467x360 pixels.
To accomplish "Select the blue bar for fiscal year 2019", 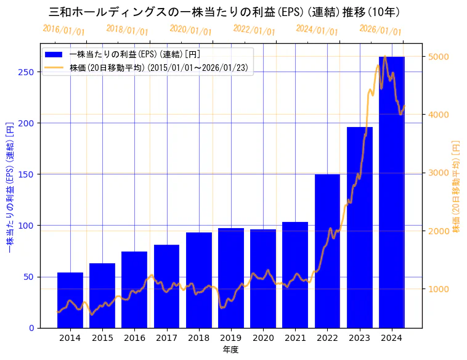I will tap(231, 278).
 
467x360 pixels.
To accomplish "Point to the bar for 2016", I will tap(134, 290).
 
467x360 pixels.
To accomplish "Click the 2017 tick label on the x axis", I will tap(166, 338).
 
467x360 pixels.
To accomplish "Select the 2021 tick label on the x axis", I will tap(295, 338).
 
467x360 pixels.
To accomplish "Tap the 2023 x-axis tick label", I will tap(360, 338).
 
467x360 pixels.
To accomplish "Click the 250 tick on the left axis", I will tap(26, 72).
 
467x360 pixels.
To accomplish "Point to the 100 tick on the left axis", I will tap(26, 226).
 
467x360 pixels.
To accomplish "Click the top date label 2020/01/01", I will tap(190, 30).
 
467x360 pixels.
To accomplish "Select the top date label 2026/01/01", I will tap(380, 30).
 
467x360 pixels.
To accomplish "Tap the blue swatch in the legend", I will tap(54, 55).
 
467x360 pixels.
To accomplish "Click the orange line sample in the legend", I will tap(54, 68).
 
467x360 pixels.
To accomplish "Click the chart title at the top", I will tap(224, 12).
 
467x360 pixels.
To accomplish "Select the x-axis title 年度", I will tap(230, 350).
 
